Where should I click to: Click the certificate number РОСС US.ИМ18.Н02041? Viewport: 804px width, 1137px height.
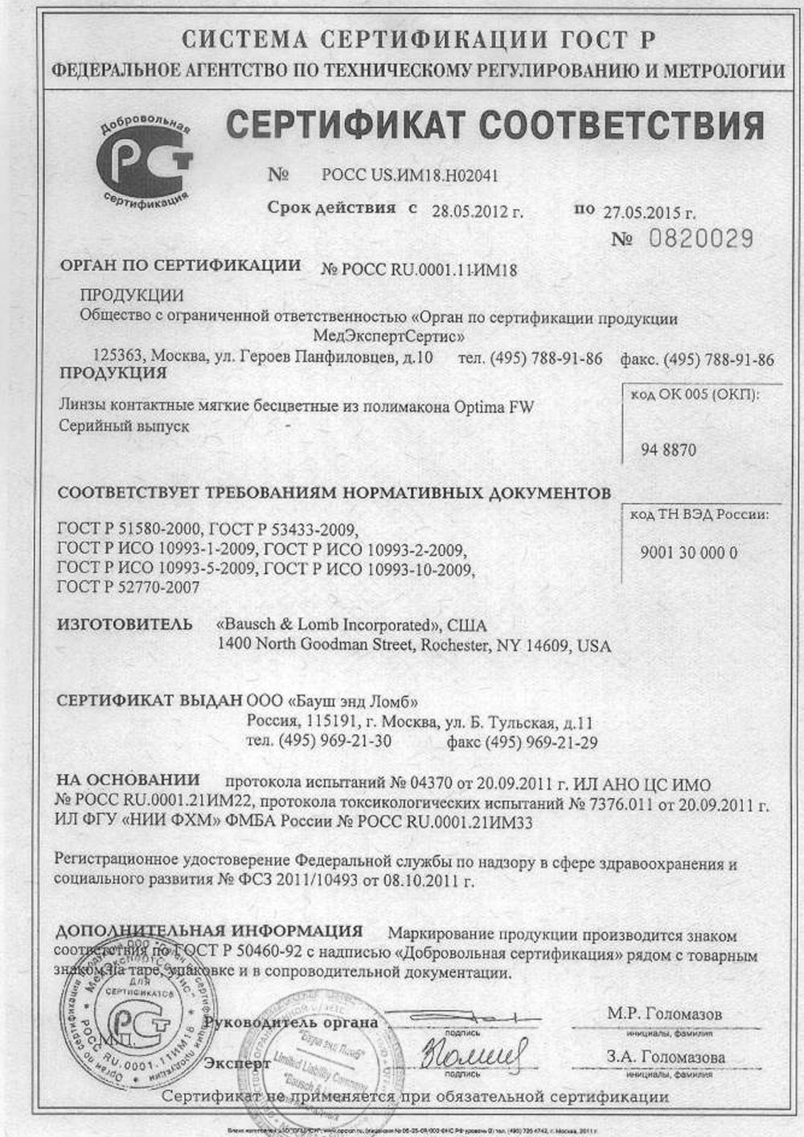click(x=404, y=174)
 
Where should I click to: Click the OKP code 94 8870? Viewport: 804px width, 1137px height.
click(x=668, y=450)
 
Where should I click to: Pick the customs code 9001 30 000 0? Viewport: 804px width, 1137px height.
click(x=689, y=552)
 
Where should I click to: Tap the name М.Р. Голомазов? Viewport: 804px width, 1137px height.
click(x=665, y=1013)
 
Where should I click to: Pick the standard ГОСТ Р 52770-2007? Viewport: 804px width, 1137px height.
click(x=129, y=587)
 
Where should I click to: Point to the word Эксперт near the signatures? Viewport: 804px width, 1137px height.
click(x=237, y=1063)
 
